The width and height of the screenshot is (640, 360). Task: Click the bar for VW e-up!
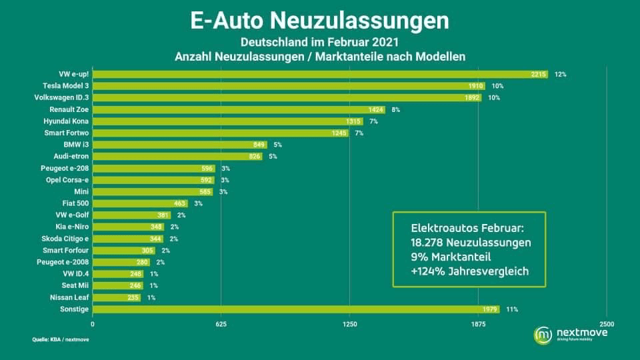pos(320,74)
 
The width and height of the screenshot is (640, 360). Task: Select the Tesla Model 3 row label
pos(66,86)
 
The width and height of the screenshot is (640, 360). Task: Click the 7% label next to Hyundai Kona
pos(373,121)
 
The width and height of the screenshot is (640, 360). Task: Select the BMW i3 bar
pos(180,145)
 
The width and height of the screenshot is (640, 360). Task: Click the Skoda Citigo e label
pos(67,239)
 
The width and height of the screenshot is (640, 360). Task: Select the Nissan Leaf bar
pos(117,297)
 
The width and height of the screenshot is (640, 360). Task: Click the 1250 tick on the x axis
pos(350,324)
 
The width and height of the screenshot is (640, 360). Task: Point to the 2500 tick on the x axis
pos(606,324)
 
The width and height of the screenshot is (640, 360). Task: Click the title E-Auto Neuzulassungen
pos(320,21)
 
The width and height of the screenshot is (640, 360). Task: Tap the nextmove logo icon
pos(543,335)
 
